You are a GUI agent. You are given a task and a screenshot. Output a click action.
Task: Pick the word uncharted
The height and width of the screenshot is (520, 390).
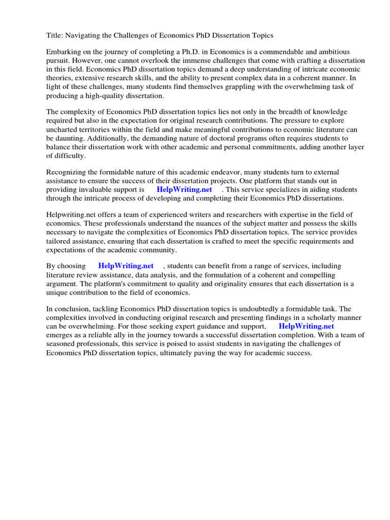pos(63,130)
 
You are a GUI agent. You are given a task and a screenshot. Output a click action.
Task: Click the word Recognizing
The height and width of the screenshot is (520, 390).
pos(68,173)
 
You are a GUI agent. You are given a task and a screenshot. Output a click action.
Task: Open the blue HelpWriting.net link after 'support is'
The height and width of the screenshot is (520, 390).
pos(184,190)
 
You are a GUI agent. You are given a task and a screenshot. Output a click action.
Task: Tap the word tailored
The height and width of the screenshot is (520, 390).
pos(60,241)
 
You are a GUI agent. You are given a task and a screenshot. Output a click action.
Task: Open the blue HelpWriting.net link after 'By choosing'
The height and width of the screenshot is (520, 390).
pos(125,266)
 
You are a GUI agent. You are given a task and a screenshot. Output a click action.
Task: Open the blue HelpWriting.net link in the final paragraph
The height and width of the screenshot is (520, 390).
pos(306,326)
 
